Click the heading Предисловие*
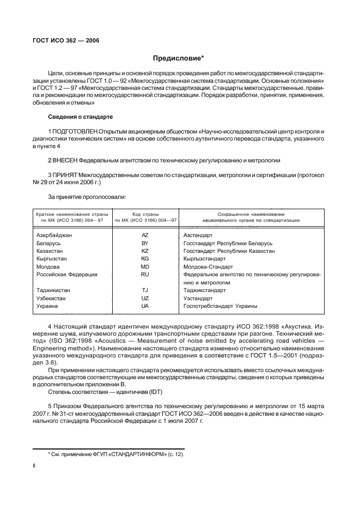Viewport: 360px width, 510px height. [x=180, y=59]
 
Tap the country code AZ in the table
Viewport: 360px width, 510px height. [x=145, y=235]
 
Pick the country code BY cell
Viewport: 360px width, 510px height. [x=145, y=243]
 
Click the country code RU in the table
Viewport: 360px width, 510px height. [x=145, y=275]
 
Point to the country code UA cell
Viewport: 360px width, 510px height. [x=145, y=306]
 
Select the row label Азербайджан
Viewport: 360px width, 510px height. [x=54, y=235]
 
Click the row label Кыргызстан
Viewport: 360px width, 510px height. [x=52, y=259]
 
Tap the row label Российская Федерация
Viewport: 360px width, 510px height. [x=66, y=275]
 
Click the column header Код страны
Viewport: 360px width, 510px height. [x=145, y=214]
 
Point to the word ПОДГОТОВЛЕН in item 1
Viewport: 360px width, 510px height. [x=75, y=132]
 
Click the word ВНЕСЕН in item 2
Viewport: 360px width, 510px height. [x=65, y=161]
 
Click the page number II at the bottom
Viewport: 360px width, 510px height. [x=34, y=466]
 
